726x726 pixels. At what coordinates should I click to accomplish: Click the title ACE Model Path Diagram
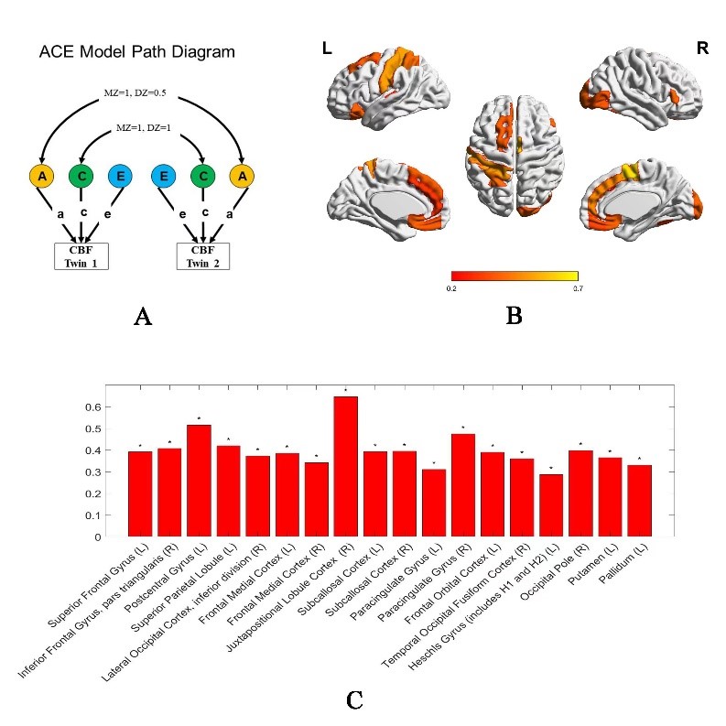136,52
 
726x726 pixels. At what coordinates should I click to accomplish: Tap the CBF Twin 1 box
81,255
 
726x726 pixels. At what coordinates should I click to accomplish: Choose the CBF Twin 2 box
203,255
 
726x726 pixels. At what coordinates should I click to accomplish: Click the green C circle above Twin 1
81,175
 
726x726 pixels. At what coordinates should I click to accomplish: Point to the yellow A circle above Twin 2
243,175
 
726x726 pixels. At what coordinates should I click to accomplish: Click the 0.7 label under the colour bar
578,288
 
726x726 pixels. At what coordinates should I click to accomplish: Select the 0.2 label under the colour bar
452,288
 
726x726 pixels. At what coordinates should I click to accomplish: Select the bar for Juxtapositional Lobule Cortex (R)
345,467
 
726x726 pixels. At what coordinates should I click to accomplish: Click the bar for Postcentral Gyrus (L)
199,481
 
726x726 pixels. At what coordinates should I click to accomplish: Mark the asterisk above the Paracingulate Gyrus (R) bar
463,427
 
